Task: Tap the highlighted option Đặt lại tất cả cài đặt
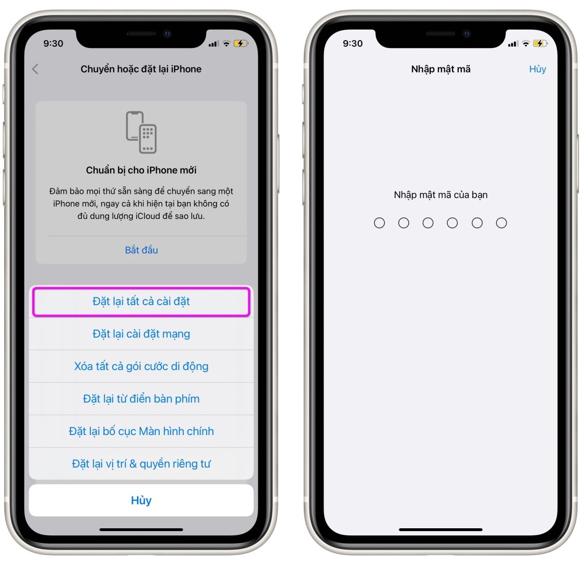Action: [141, 301]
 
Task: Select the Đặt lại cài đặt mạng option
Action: [141, 334]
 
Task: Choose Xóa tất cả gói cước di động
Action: [141, 366]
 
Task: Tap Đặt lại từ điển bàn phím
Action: [141, 399]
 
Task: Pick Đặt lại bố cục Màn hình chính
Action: [141, 431]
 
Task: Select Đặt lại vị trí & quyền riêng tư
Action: [141, 464]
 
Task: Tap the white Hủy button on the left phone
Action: [141, 500]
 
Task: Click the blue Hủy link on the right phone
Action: [537, 69]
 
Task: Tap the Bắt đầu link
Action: [141, 250]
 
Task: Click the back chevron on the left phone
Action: [35, 69]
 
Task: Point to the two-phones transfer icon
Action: [141, 132]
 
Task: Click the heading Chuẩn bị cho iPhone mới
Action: [141, 170]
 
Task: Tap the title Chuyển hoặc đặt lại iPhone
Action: [141, 69]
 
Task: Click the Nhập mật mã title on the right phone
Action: [441, 69]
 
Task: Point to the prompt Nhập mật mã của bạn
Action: [441, 195]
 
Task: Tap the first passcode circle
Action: [380, 223]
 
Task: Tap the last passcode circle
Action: [501, 223]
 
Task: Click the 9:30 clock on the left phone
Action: [53, 43]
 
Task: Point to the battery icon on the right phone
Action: [540, 44]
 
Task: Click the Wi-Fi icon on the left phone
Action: [226, 44]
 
